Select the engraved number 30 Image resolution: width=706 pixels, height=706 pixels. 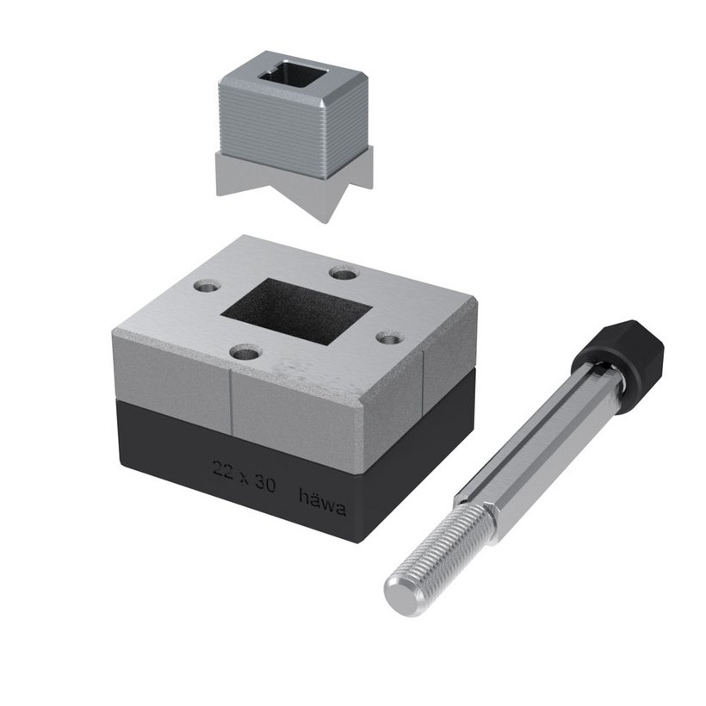point(265,483)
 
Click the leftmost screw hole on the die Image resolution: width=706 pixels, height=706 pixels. point(207,286)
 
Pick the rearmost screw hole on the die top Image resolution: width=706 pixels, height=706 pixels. point(344,272)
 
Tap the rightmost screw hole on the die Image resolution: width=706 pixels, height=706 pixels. point(389,338)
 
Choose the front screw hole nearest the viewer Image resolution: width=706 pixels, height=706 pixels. point(245,352)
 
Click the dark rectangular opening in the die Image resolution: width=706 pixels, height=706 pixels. point(296,311)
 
